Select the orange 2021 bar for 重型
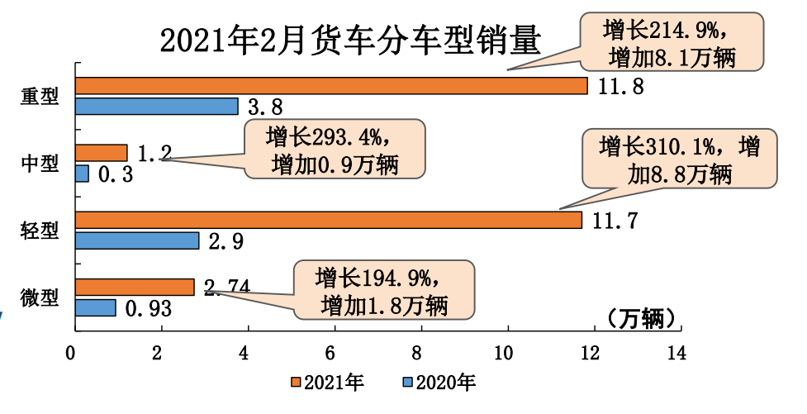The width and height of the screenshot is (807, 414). click(330, 86)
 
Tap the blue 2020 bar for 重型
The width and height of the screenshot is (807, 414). click(156, 107)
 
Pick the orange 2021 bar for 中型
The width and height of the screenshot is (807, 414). click(101, 153)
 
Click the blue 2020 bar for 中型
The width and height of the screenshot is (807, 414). click(82, 174)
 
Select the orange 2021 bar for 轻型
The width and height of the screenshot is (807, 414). click(328, 220)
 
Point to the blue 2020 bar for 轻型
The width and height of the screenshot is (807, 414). click(137, 240)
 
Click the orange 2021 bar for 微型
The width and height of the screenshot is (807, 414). click(135, 287)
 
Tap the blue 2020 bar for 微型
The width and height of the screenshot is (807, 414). click(95, 307)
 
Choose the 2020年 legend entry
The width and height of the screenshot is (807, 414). click(438, 383)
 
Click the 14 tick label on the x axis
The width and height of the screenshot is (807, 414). click(676, 354)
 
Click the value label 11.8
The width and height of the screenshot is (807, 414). click(619, 86)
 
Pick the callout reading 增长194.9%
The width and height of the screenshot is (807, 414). click(384, 290)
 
